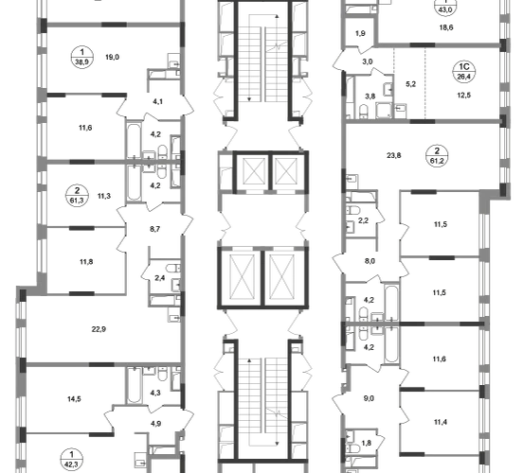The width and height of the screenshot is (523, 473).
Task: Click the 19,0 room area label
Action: [113, 58]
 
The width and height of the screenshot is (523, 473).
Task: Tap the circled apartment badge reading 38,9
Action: [82, 57]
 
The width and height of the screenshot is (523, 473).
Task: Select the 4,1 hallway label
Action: [158, 101]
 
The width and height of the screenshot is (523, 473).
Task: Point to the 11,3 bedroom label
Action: [104, 196]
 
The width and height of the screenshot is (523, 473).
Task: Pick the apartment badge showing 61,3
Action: [78, 196]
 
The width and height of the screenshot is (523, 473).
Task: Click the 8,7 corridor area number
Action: [154, 229]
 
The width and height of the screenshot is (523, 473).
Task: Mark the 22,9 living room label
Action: [99, 329]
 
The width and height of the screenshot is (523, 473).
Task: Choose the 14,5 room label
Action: [74, 399]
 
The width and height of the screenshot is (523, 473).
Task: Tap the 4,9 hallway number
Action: [155, 424]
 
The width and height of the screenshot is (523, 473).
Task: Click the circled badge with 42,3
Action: [71, 459]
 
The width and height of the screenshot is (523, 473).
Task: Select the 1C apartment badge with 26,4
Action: [464, 72]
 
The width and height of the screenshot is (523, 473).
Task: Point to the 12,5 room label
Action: [464, 96]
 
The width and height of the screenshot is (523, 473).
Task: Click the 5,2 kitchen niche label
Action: [411, 84]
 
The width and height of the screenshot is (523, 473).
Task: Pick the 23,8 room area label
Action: [394, 155]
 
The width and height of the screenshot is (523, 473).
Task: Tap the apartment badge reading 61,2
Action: [437, 156]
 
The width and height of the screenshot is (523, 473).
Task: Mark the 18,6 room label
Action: [446, 27]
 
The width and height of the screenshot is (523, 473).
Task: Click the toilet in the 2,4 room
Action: [172, 268]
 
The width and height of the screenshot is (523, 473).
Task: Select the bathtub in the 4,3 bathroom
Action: [135, 385]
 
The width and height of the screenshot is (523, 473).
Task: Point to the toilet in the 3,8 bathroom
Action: [363, 112]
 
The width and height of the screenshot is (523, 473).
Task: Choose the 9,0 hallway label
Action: [369, 398]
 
